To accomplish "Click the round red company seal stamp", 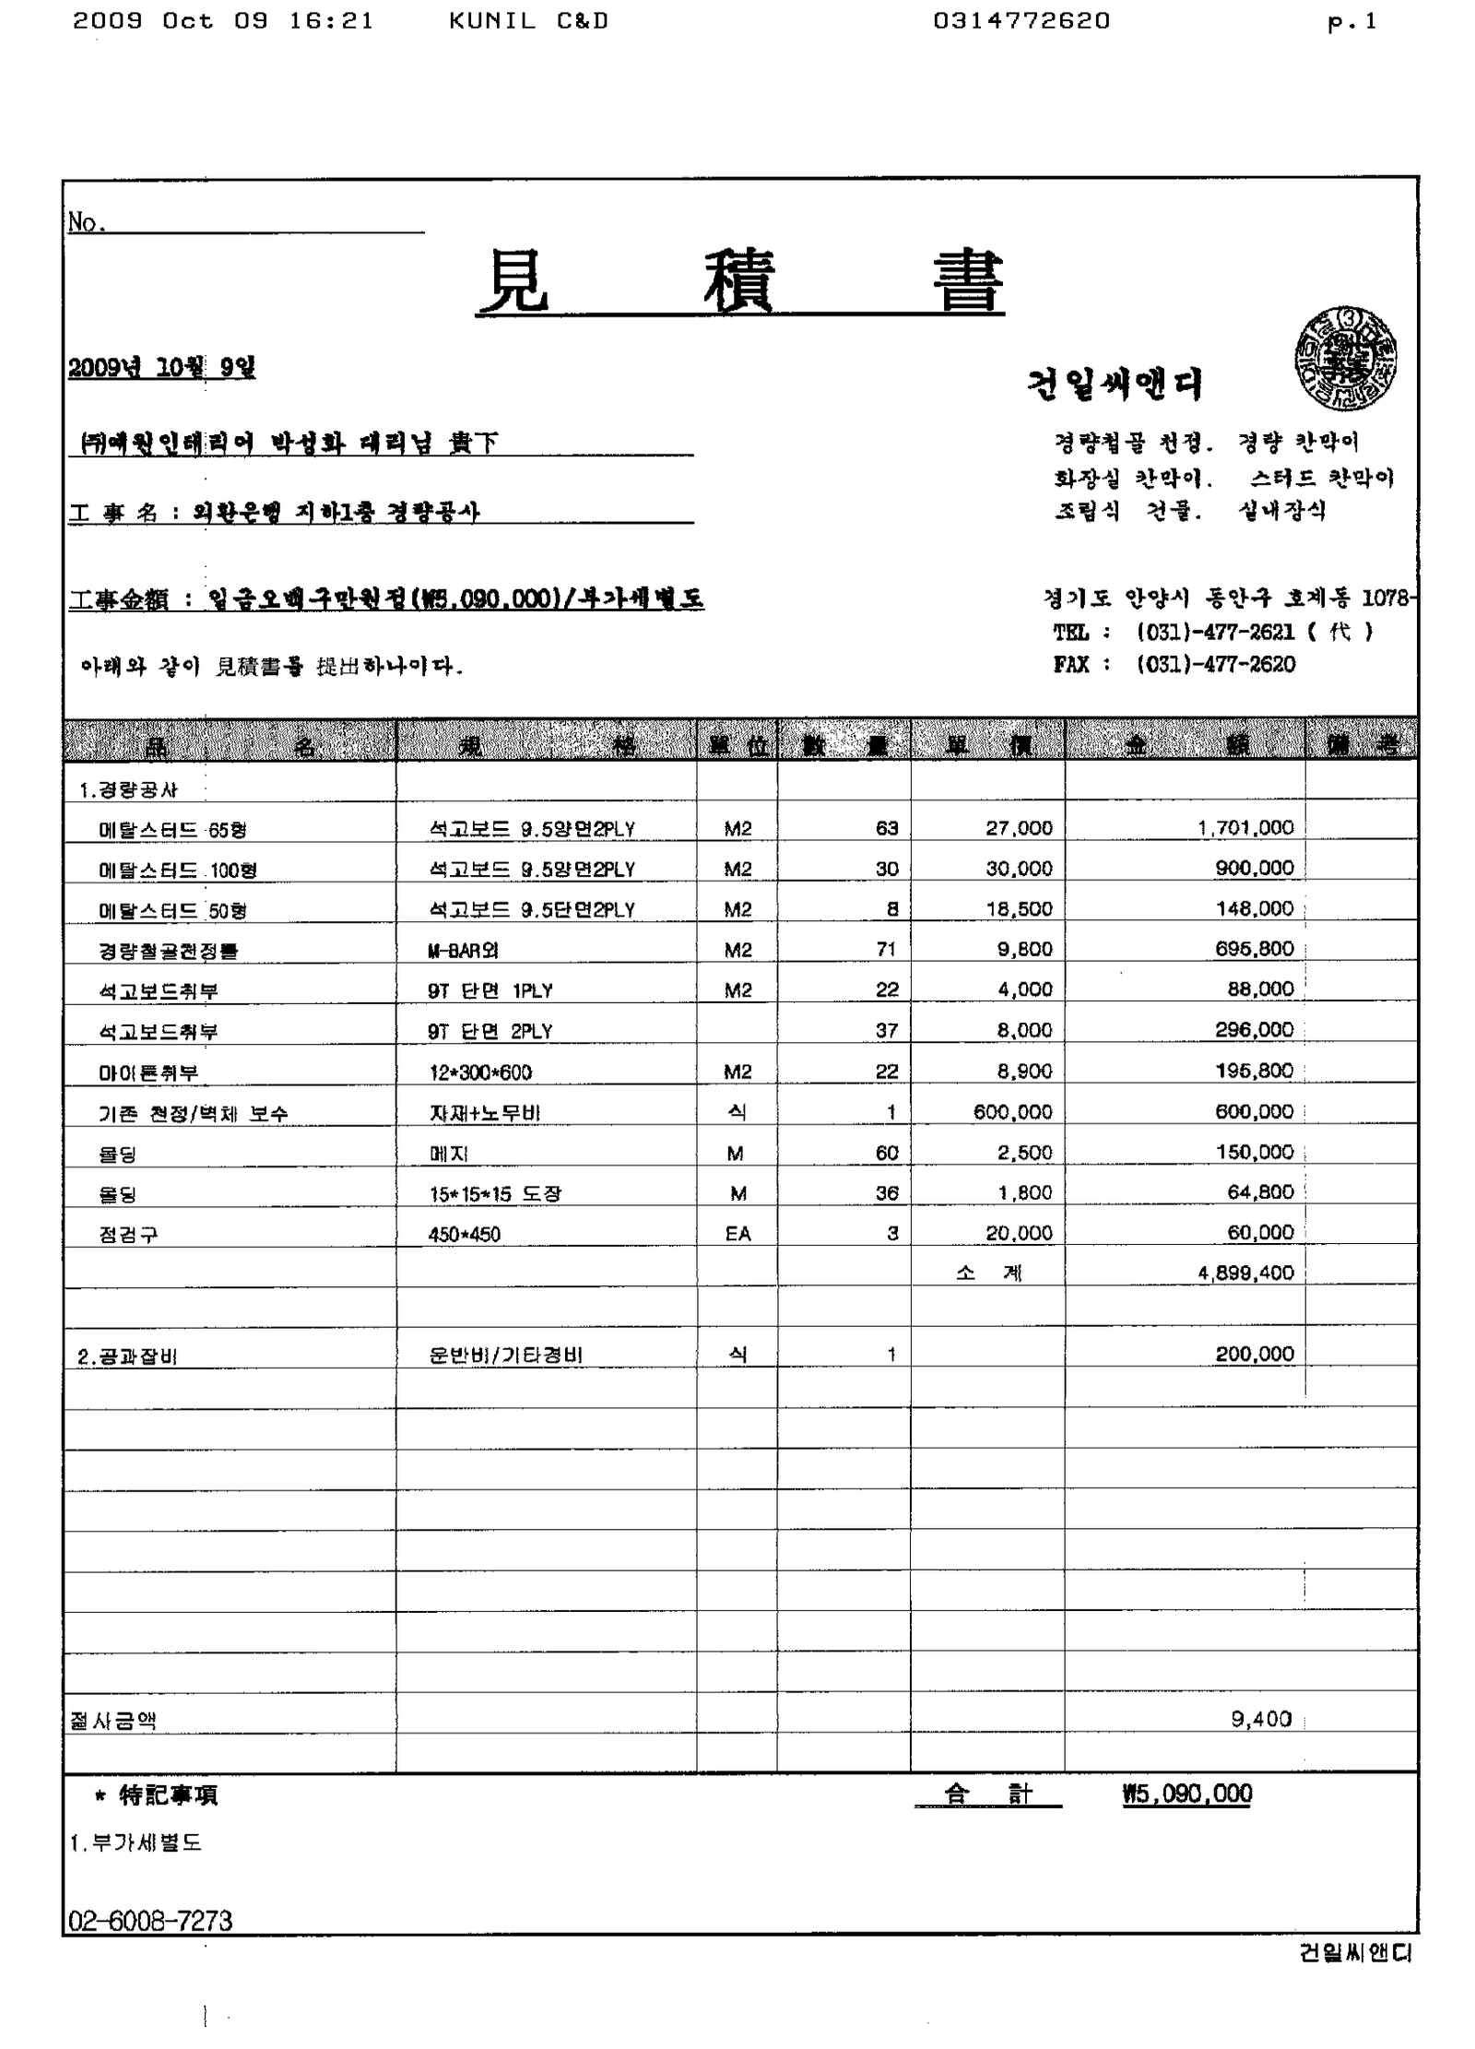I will [x=1345, y=360].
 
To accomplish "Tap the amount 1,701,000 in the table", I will [x=1245, y=828].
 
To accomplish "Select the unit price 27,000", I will [x=1019, y=828].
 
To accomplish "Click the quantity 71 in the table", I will [x=887, y=949].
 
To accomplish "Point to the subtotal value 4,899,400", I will [x=1245, y=1273].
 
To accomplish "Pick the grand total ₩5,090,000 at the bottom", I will [x=1187, y=1794].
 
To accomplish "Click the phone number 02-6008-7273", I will [x=150, y=1921].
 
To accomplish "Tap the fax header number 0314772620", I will [x=1021, y=21].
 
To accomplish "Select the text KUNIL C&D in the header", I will [x=528, y=21].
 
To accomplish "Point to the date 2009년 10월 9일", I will [x=162, y=368].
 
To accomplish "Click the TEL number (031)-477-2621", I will [x=1215, y=632].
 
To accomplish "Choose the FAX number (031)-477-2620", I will [x=1215, y=664].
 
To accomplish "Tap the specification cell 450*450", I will [x=464, y=1235].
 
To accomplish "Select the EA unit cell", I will [x=737, y=1234].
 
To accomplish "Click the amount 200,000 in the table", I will [x=1255, y=1354].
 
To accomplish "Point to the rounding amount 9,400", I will [x=1261, y=1719].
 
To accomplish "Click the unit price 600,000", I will [x=1012, y=1112].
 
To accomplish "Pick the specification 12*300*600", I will [x=479, y=1072].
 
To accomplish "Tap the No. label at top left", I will [x=88, y=222].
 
